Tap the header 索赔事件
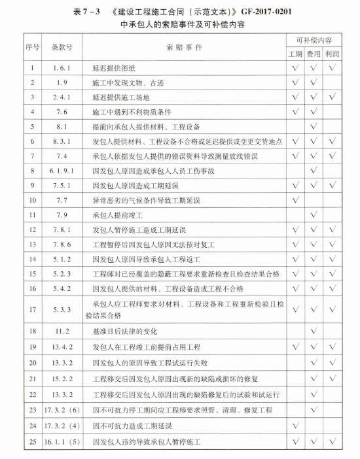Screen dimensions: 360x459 (x=186, y=48)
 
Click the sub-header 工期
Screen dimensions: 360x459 (x=296, y=54)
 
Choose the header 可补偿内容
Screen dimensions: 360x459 (x=314, y=41)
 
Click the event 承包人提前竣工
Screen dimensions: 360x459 (x=118, y=214)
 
